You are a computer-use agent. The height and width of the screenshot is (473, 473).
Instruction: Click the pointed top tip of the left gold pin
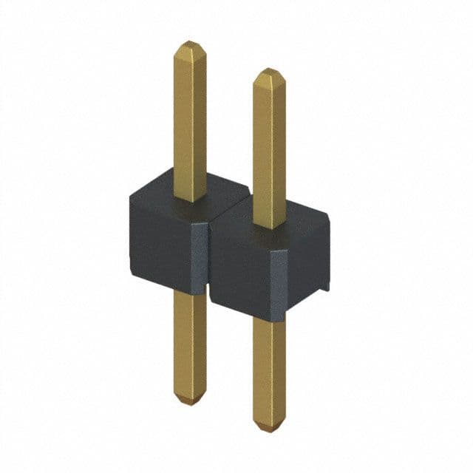pos(190,44)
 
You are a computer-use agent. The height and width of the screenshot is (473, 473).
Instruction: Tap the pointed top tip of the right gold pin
pos(269,71)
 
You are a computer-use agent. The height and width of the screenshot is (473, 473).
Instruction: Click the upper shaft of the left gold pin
pos(190,118)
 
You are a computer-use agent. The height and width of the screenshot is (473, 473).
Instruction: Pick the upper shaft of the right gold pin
pos(269,148)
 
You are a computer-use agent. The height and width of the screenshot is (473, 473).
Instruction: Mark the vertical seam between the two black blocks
pos(208,259)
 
